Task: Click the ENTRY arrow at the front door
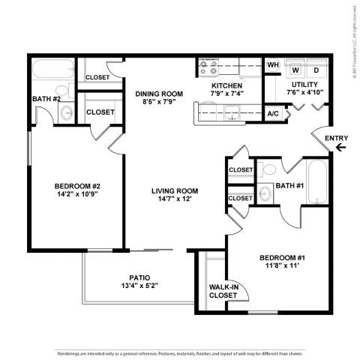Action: pyautogui.click(x=341, y=148)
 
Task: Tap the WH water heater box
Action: pyautogui.click(x=273, y=66)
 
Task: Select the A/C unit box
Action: pyautogui.click(x=273, y=113)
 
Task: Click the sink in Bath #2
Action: pyautogui.click(x=66, y=113)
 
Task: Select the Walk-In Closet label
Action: pyautogui.click(x=223, y=290)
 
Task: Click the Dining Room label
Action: pyautogui.click(x=160, y=94)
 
